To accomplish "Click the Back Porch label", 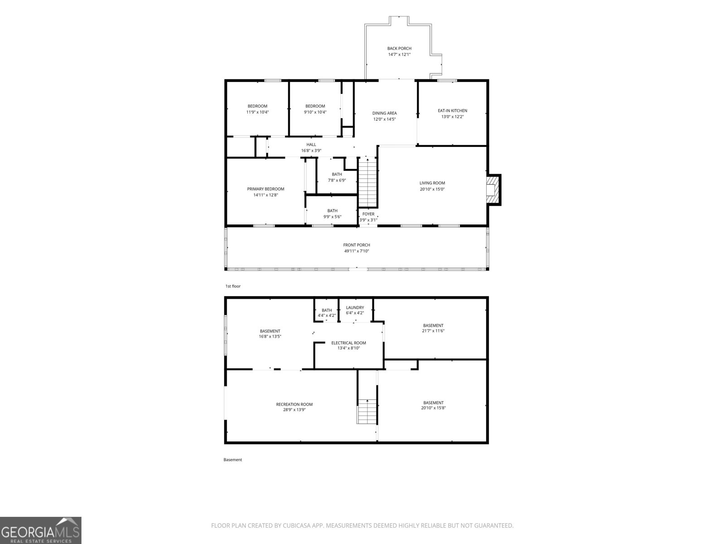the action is pos(399,49).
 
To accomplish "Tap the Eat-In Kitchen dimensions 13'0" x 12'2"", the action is pos(453,117).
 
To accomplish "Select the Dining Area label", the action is pos(384,113).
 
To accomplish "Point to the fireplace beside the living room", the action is pos(493,190).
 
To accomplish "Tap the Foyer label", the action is pos(368,214).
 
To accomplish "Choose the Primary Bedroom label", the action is pos(266,189).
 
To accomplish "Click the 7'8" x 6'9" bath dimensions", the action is pos(337,180).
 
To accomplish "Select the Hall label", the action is pos(311,144).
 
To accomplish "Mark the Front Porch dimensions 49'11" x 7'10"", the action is pos(357,251).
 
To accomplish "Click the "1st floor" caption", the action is pos(233,286).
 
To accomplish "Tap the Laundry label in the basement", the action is pos(355,307).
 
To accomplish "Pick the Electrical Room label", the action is pos(349,343).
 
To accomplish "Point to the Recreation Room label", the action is pos(294,404).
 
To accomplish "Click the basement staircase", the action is pos(367,411).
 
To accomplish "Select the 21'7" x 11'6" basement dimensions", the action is pos(433,330).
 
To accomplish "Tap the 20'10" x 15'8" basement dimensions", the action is pos(433,408).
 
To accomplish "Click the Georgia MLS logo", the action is pos(41,530).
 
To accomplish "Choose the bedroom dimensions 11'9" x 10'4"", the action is pos(258,112).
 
